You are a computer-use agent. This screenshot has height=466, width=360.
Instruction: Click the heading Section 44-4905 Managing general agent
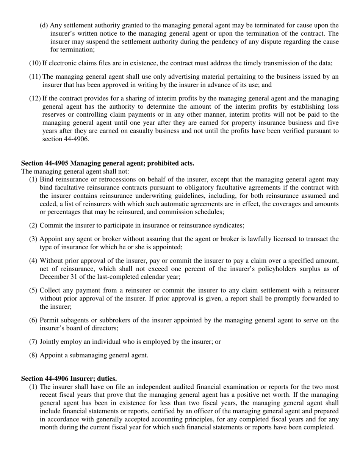[108, 163]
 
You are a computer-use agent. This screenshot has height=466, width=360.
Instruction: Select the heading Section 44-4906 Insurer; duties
[69, 378]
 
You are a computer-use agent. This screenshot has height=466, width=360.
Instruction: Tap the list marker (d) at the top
[44, 25]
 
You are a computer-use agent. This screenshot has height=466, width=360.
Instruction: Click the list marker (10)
[35, 63]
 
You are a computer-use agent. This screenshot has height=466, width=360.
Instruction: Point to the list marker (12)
[35, 99]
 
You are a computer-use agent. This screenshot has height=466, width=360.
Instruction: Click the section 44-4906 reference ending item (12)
[66, 139]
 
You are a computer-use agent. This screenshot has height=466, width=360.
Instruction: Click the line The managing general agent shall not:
[75, 172]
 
